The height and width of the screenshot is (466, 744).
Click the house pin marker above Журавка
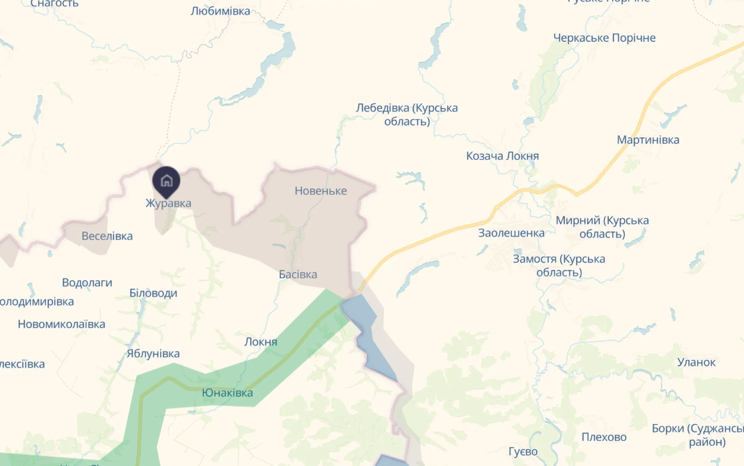pyautogui.click(x=166, y=181)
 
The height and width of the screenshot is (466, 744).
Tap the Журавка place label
pyautogui.click(x=168, y=203)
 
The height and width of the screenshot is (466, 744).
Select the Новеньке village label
pyautogui.click(x=321, y=190)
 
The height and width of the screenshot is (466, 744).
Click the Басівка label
pyautogui.click(x=298, y=274)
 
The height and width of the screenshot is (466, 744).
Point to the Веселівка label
pyautogui.click(x=107, y=236)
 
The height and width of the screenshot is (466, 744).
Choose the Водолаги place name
pyautogui.click(x=87, y=283)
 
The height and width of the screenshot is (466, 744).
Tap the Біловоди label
pyautogui.click(x=153, y=293)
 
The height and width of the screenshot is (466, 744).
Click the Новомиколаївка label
pyautogui.click(x=61, y=324)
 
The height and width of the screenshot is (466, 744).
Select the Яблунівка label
pyautogui.click(x=153, y=353)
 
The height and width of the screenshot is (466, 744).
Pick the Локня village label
pyautogui.click(x=261, y=342)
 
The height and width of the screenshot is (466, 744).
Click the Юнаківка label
pyautogui.click(x=227, y=393)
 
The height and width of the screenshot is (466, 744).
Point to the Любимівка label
pyautogui.click(x=220, y=11)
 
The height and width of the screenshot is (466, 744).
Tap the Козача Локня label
pyautogui.click(x=502, y=156)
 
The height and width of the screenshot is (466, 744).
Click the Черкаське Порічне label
pyautogui.click(x=605, y=38)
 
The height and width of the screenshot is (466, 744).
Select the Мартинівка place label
pyautogui.click(x=648, y=140)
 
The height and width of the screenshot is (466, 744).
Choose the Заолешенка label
pyautogui.click(x=512, y=232)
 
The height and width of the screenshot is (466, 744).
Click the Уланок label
pyautogui.click(x=697, y=362)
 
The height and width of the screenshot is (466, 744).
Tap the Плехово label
pyautogui.click(x=604, y=437)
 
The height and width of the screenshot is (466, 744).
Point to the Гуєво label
pyautogui.click(x=523, y=452)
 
